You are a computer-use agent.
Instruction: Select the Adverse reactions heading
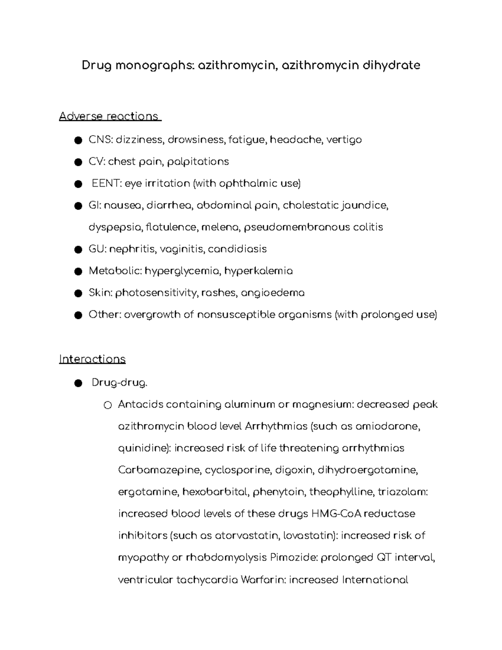tap(110, 116)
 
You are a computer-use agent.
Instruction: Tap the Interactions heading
tap(92, 359)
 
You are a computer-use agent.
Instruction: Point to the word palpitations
tap(198, 162)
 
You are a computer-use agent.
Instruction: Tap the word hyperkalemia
tap(259, 271)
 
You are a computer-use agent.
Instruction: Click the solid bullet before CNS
tap(77, 140)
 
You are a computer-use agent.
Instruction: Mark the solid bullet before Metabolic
tap(77, 272)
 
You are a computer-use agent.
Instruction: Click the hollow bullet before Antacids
tap(108, 405)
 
